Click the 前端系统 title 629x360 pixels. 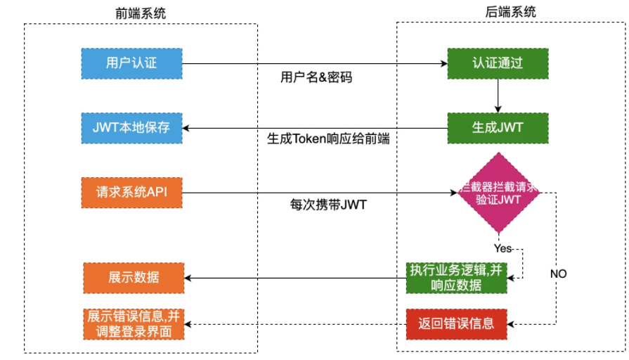pyautogui.click(x=141, y=13)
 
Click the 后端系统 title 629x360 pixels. pyautogui.click(x=510, y=11)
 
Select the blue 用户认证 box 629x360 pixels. pyautogui.click(x=131, y=63)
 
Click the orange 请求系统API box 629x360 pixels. pyautogui.click(x=131, y=191)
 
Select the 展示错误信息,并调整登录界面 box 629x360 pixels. pyautogui.click(x=134, y=323)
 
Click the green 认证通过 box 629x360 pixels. pyautogui.click(x=498, y=63)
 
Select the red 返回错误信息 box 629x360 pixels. pyautogui.click(x=456, y=323)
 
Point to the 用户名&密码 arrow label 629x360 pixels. pyautogui.click(x=316, y=77)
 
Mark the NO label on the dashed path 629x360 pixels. pyautogui.click(x=558, y=274)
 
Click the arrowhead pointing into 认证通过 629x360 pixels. pyautogui.click(x=444, y=63)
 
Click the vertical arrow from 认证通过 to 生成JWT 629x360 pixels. pyautogui.click(x=498, y=94)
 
